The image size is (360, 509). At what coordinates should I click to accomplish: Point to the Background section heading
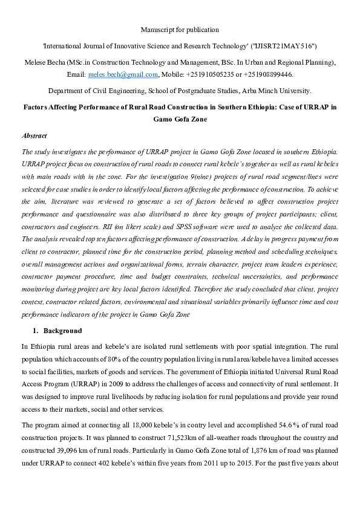tap(62, 331)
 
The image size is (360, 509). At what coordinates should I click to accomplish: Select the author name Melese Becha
tap(43, 62)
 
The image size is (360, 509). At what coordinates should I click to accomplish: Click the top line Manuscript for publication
tap(180, 30)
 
